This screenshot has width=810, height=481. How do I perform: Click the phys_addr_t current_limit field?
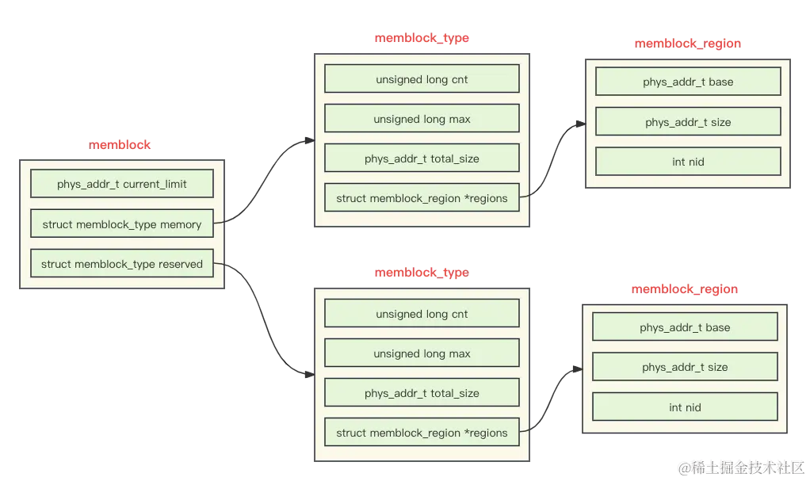tap(122, 184)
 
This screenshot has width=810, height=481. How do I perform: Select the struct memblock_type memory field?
tap(122, 224)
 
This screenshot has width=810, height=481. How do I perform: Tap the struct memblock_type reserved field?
tap(122, 264)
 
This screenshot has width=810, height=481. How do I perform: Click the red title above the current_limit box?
tap(120, 146)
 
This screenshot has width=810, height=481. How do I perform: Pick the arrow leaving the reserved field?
tap(266, 317)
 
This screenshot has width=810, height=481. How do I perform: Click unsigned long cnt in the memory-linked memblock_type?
tap(422, 79)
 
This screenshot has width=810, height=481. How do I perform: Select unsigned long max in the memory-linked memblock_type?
tap(422, 119)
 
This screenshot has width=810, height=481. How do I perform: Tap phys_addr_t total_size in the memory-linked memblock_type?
tap(422, 158)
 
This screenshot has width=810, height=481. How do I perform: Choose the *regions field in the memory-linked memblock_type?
tap(422, 198)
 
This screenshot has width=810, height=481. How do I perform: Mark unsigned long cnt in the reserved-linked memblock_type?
tap(422, 314)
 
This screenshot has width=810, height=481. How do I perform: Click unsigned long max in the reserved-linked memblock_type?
tap(422, 353)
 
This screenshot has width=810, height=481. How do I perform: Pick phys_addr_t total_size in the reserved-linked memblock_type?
tap(422, 393)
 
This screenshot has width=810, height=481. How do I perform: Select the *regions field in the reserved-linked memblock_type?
tap(422, 433)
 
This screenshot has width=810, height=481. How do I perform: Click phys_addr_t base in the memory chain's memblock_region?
tap(688, 82)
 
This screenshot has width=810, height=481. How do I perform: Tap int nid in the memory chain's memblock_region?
tap(688, 162)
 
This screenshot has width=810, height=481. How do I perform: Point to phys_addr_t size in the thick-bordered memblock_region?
tap(685, 367)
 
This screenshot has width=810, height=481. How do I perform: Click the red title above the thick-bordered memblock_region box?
tap(685, 290)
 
